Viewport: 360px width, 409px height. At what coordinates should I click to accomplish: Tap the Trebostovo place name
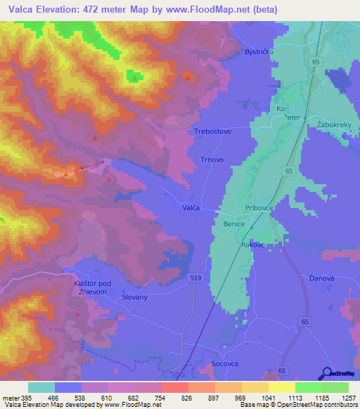pos(212,131)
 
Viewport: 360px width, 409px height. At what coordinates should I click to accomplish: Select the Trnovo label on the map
pos(212,160)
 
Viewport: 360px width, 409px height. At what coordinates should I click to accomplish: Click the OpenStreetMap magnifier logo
pos(326,372)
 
